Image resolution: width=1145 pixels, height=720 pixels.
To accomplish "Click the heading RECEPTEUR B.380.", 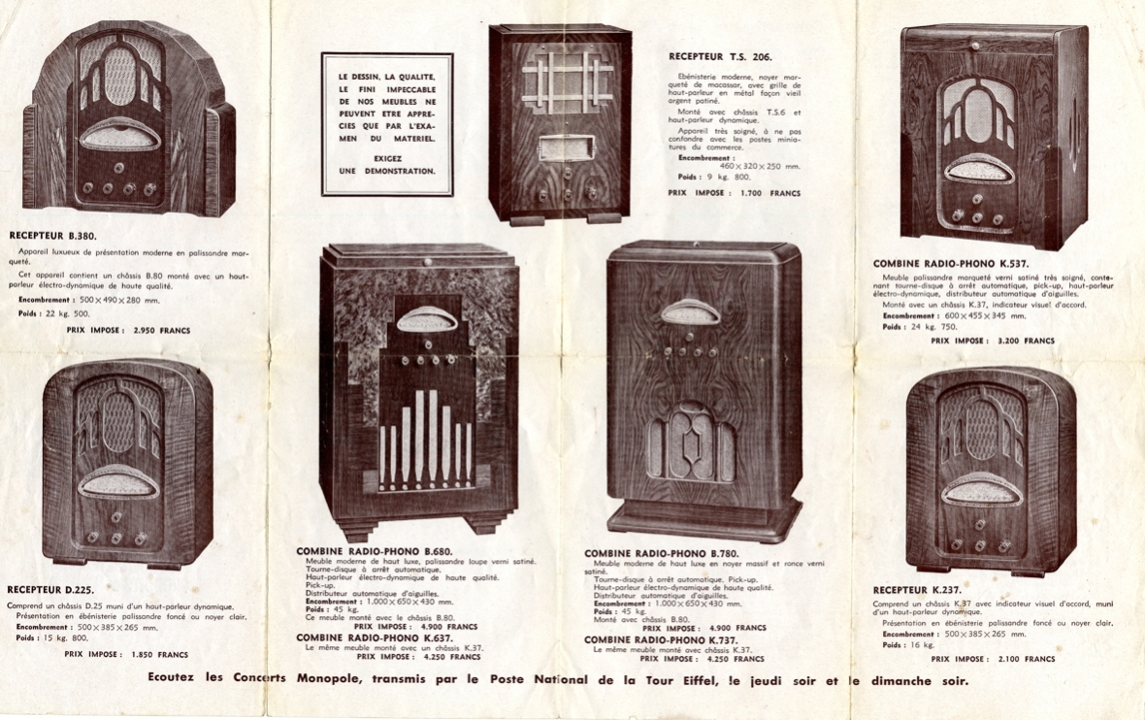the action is pos(52,236).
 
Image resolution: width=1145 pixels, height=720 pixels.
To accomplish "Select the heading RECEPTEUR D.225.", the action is pos(50,589).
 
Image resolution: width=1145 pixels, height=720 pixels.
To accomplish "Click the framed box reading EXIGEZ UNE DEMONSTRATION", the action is pos(387,124).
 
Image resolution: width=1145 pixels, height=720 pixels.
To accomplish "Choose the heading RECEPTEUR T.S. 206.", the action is pos(719,57).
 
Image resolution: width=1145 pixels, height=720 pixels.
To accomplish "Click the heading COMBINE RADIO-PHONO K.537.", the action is pos(950,264).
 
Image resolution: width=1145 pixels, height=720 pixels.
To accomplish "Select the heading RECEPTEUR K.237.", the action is pos(917,589).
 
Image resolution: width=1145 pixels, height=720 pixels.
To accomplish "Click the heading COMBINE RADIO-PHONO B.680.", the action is pos(374,550).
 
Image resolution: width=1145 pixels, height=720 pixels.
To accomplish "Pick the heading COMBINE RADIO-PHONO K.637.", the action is pos(374,636).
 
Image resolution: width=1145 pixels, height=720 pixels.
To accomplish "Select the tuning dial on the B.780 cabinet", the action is pos(690,313).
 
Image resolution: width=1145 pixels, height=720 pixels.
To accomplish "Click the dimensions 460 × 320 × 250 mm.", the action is pos(760,166).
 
